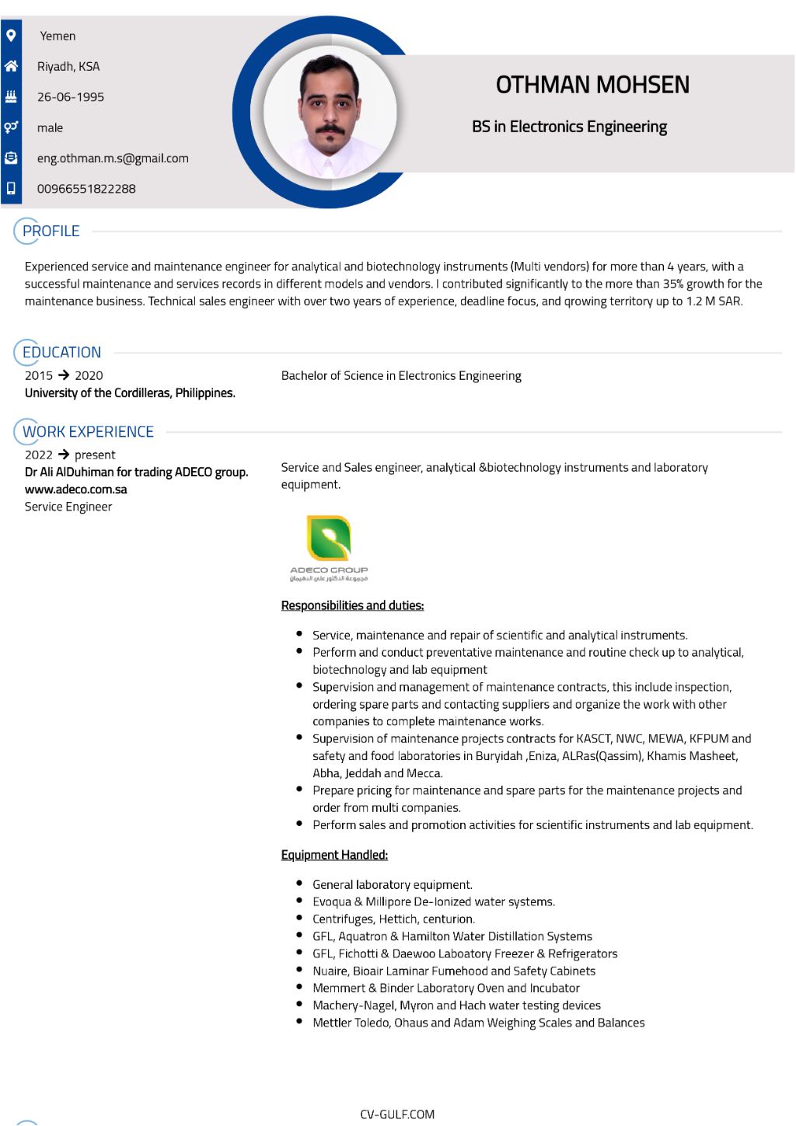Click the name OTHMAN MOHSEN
tap(592, 85)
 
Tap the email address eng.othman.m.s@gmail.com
tap(113, 159)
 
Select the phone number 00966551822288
tap(86, 189)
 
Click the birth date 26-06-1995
tap(71, 97)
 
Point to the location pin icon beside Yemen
tap(11, 36)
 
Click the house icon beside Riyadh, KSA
tap(11, 66)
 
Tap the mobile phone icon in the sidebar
tap(11, 188)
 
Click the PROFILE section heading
tap(51, 231)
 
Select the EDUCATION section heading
tap(61, 352)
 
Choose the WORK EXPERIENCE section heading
tap(88, 431)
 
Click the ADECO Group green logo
tap(329, 539)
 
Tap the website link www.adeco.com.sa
tap(76, 490)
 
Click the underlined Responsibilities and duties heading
tap(352, 605)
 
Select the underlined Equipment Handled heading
tap(334, 855)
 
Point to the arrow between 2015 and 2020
tap(64, 375)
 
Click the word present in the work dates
tap(95, 455)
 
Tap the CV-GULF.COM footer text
tap(397, 1114)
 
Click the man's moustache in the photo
tap(330, 129)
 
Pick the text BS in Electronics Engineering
tap(569, 127)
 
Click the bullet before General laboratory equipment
tap(299, 884)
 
